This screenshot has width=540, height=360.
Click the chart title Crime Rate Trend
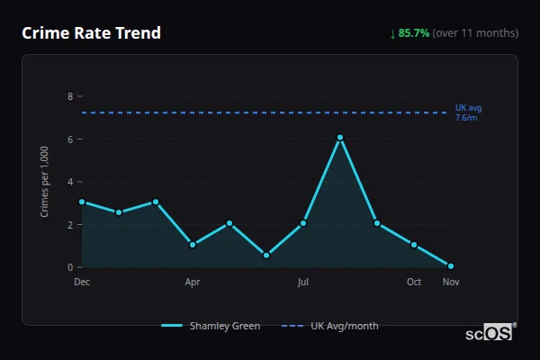(91, 33)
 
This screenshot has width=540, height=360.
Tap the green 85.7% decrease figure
(414, 33)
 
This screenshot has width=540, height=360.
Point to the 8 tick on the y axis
(69, 96)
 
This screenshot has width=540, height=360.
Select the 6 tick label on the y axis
(69, 139)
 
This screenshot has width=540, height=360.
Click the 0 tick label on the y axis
(69, 267)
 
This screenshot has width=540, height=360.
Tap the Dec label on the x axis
(82, 282)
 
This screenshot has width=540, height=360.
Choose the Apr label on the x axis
(193, 282)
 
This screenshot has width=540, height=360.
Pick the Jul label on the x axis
(303, 282)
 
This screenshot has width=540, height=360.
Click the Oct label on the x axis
(414, 282)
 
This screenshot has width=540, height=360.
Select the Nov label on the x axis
(451, 282)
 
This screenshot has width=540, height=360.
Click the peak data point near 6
(340, 138)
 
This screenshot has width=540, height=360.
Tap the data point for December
(82, 202)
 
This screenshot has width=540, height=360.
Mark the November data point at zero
(451, 266)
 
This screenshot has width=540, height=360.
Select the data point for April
(193, 245)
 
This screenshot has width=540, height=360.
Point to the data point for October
(414, 245)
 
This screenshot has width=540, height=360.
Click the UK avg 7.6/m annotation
(468, 112)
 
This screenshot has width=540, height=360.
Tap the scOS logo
(490, 332)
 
